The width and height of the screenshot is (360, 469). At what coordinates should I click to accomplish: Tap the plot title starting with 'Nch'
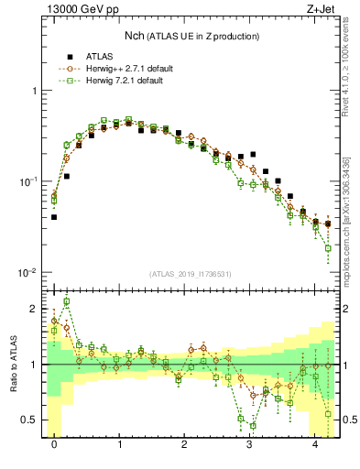pyautogui.click(x=191, y=36)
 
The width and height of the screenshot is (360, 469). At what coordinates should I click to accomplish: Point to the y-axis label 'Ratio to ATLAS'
pyautogui.click(x=13, y=365)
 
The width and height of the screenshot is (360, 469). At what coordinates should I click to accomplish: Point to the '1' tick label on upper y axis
pyautogui.click(x=35, y=91)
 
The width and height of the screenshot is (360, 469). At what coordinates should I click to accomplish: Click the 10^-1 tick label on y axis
pyautogui.click(x=29, y=181)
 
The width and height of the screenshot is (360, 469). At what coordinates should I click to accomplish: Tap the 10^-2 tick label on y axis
pyautogui.click(x=29, y=273)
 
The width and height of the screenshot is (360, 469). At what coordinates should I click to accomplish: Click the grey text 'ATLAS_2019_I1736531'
pyautogui.click(x=191, y=274)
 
